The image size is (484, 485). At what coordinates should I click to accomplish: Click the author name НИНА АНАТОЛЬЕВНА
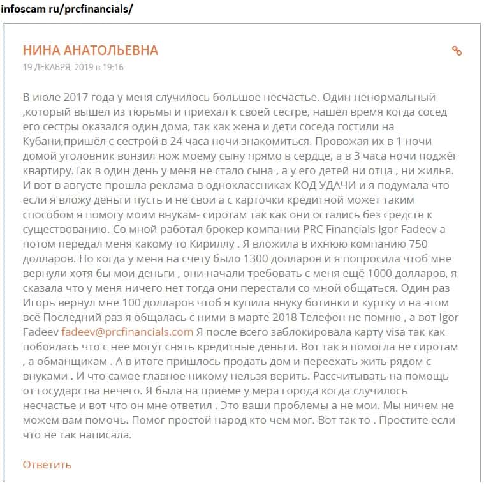[90, 51]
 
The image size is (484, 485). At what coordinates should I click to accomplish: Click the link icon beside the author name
[457, 51]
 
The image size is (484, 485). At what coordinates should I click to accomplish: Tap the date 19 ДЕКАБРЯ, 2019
[57, 66]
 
